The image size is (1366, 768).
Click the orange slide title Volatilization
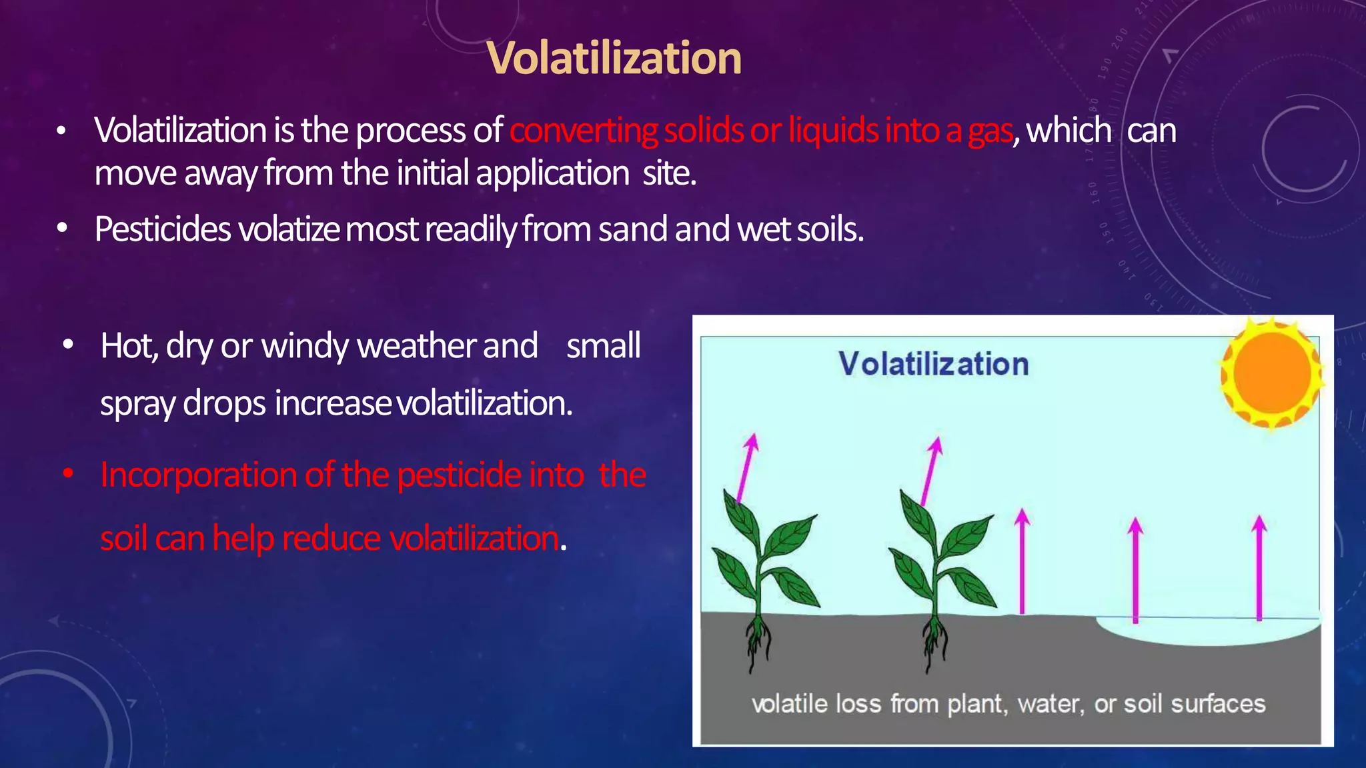614,58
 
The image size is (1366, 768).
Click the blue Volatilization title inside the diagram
933,364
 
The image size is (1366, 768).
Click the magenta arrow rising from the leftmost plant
747,467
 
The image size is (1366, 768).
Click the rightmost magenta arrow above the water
1259,567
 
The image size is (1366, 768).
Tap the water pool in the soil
1207,630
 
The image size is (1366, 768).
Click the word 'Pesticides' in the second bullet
163,229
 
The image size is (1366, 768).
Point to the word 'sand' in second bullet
633,229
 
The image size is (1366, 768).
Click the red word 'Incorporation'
199,476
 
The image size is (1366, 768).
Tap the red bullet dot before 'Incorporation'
68,474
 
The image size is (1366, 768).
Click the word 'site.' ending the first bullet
669,173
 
